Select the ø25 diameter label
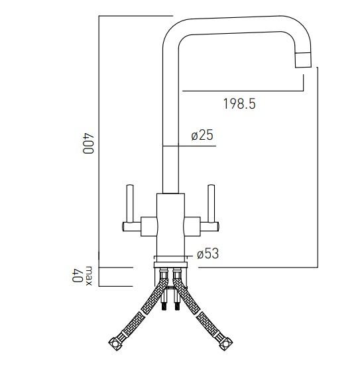[202, 135]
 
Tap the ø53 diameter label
[208, 254]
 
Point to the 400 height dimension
[88, 143]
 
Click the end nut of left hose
[115, 346]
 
